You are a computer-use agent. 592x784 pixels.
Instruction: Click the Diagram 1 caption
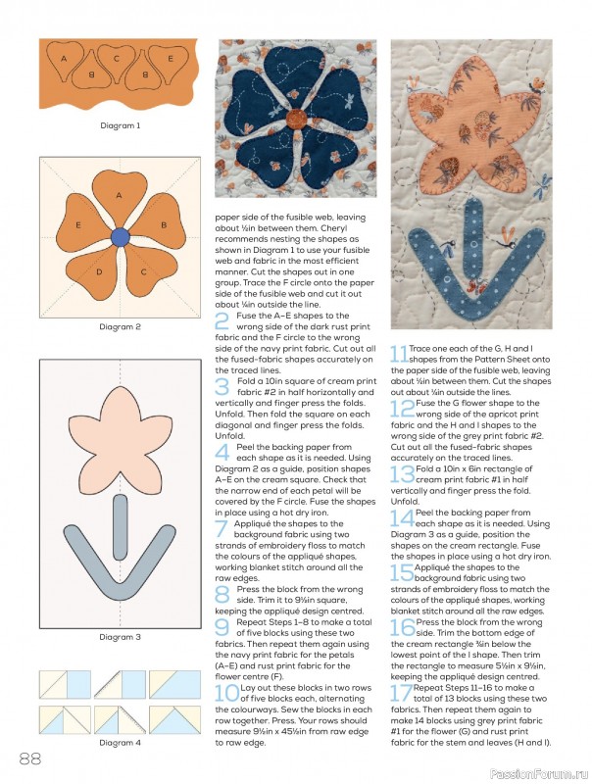[120, 125]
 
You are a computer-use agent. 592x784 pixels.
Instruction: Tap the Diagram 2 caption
[120, 326]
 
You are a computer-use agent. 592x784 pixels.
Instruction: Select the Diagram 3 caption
[120, 638]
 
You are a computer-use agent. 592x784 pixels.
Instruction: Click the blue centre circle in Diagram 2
[120, 236]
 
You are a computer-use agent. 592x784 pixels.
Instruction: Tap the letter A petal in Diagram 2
[119, 196]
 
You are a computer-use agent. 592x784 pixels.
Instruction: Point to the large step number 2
[222, 321]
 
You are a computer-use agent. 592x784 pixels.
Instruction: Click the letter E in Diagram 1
[169, 59]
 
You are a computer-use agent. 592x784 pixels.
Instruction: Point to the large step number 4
[222, 451]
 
